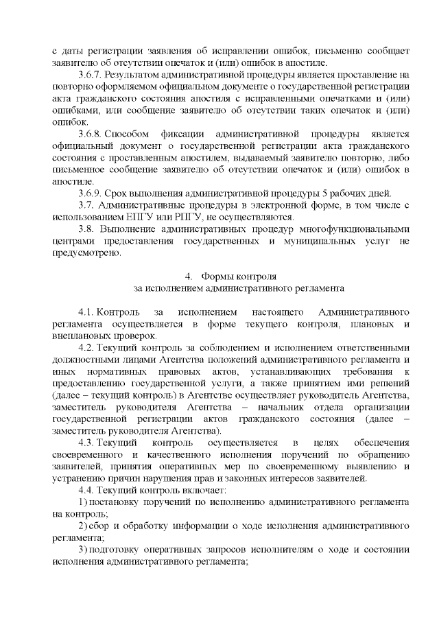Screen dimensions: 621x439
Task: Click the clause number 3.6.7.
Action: (x=91, y=75)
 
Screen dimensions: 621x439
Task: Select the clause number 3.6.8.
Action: (x=91, y=134)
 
